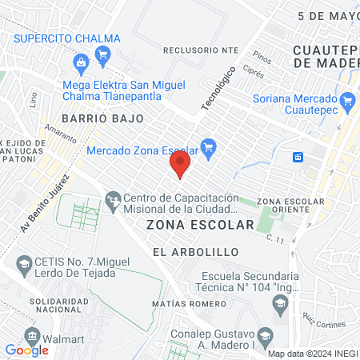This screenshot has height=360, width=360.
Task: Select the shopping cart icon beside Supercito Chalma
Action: (x=102, y=54)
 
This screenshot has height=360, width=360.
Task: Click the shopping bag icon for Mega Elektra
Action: (x=80, y=62)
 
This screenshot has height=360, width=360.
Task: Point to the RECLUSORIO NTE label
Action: (x=201, y=50)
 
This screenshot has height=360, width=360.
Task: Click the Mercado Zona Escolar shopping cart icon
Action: (x=209, y=146)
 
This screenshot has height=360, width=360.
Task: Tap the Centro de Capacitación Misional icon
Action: (x=114, y=197)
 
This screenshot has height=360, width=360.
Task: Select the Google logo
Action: (x=26, y=350)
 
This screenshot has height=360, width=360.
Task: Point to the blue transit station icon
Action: (x=298, y=156)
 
